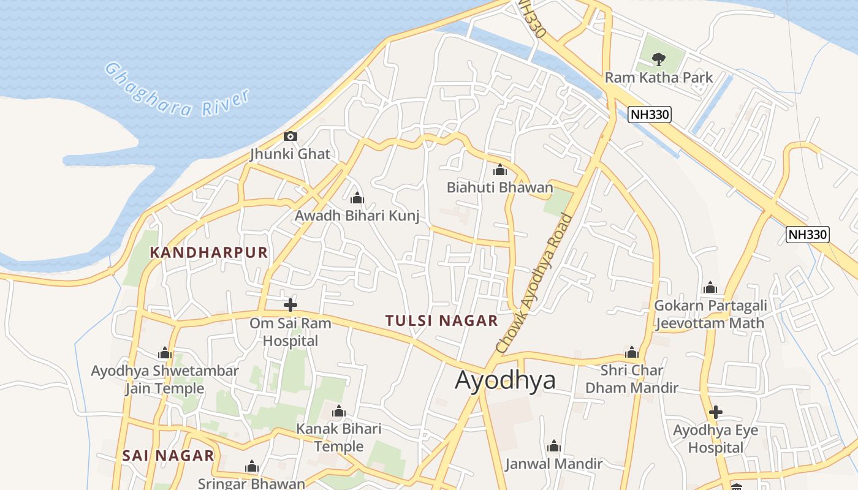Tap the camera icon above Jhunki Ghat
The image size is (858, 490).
(290, 136)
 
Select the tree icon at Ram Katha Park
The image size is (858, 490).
(659, 59)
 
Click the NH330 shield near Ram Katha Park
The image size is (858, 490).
(650, 114)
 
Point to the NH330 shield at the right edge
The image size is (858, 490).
(808, 234)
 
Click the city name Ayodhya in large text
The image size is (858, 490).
(505, 380)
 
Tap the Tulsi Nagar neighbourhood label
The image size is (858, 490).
(441, 320)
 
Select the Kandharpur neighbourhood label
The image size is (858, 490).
(209, 252)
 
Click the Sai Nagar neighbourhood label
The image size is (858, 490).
(168, 456)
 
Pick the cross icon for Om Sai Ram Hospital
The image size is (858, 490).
(290, 304)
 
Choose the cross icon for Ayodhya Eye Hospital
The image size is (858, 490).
(715, 412)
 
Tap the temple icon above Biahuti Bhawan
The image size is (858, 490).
(500, 170)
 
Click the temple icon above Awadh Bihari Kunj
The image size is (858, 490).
(357, 198)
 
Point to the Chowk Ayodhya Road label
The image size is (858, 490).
(534, 283)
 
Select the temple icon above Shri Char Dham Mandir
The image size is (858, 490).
(632, 353)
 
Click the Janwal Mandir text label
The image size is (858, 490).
(553, 464)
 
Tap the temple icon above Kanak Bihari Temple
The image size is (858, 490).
(338, 411)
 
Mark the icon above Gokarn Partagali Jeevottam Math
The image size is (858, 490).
(710, 287)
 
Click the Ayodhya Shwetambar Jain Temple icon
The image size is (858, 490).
(164, 353)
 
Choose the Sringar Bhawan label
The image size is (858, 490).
(251, 483)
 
